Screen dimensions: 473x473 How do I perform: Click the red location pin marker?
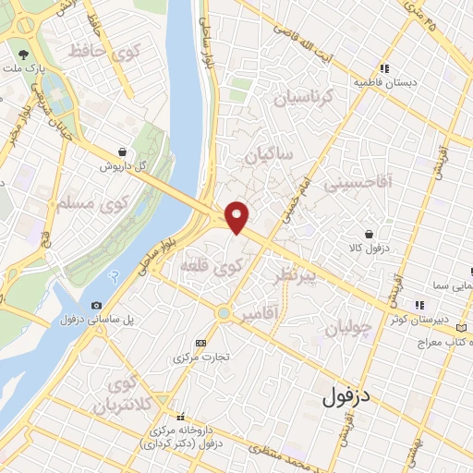click(x=237, y=216)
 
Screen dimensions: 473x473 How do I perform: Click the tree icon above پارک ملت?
click(x=23, y=54)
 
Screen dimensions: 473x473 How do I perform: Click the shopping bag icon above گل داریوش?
click(x=123, y=152)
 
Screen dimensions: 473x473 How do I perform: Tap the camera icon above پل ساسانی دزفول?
click(x=97, y=305)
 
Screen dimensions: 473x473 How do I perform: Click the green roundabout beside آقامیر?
click(x=224, y=314)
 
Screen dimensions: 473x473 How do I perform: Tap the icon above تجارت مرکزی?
click(x=201, y=343)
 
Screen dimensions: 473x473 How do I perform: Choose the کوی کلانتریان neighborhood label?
click(x=134, y=395)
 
